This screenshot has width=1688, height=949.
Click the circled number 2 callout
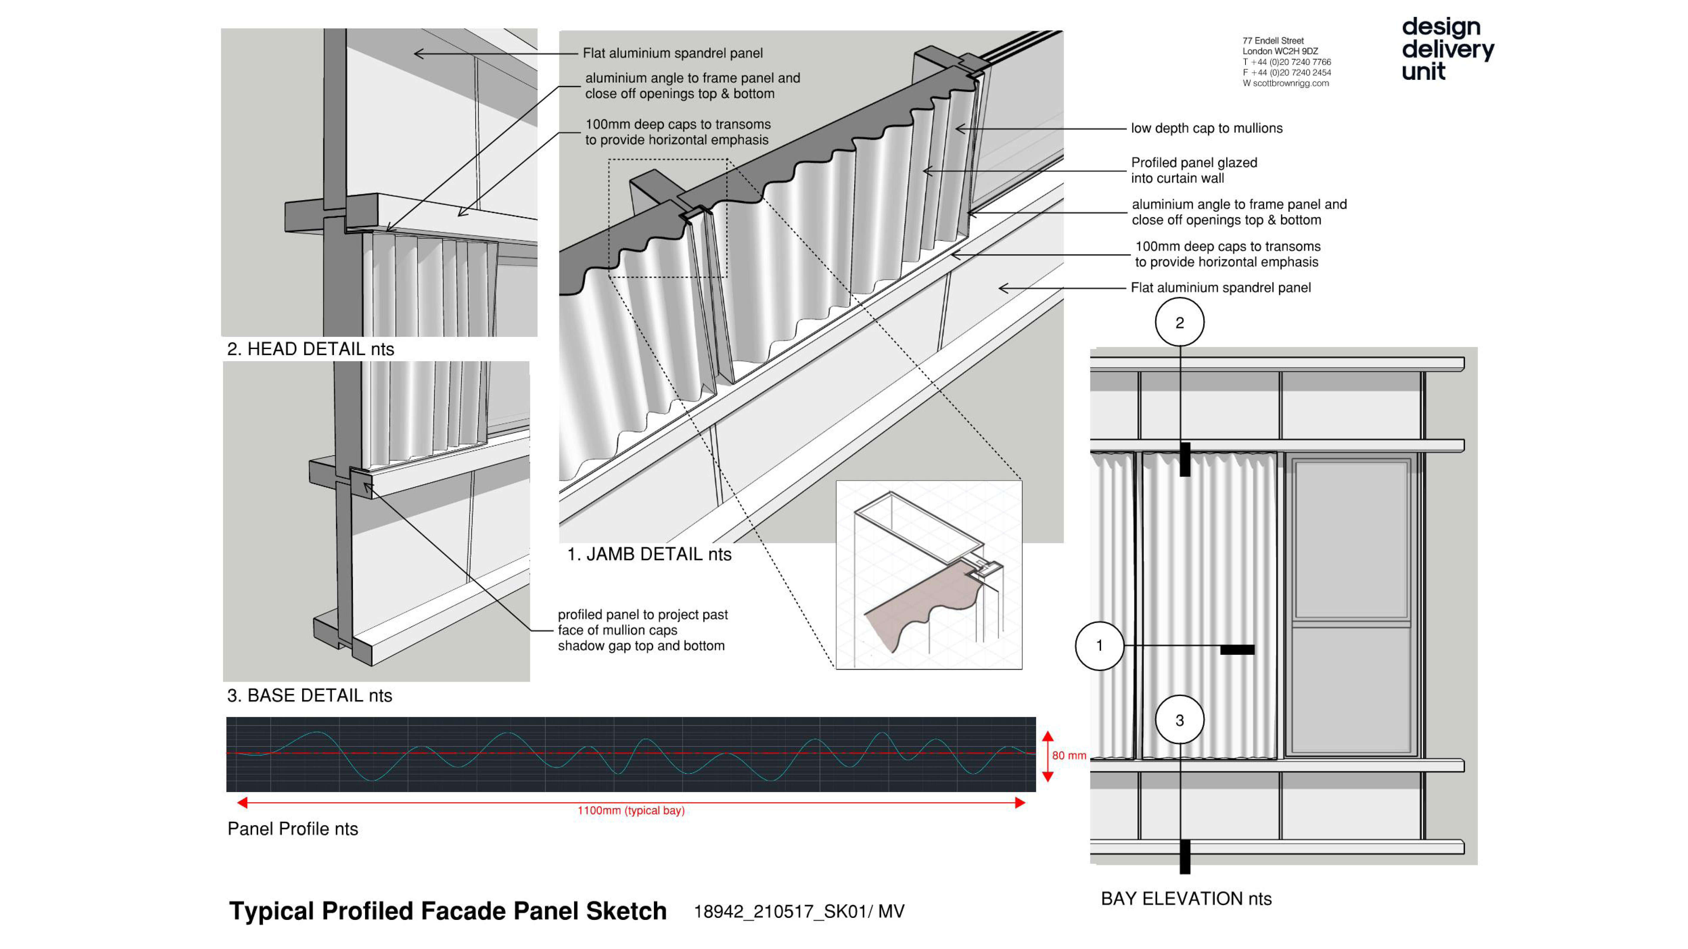point(1179,322)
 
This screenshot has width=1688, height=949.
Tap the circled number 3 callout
point(1179,720)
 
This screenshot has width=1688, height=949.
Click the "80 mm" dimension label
point(1069,756)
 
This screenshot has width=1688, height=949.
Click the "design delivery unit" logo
point(1447,49)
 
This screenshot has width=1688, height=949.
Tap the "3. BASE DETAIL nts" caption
point(309,695)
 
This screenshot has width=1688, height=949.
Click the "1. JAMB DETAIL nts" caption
point(649,555)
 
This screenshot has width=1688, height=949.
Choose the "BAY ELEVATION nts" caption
point(1186,899)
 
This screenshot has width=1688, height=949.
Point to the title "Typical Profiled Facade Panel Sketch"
point(448,911)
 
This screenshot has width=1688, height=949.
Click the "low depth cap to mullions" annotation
point(1206,128)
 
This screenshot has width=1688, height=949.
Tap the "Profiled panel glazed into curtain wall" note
point(1194,171)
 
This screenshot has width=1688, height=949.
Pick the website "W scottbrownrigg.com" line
point(1286,83)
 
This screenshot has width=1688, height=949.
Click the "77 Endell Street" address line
point(1273,41)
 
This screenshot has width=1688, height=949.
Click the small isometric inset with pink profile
point(929,575)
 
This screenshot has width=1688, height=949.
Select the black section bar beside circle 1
point(1237,649)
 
